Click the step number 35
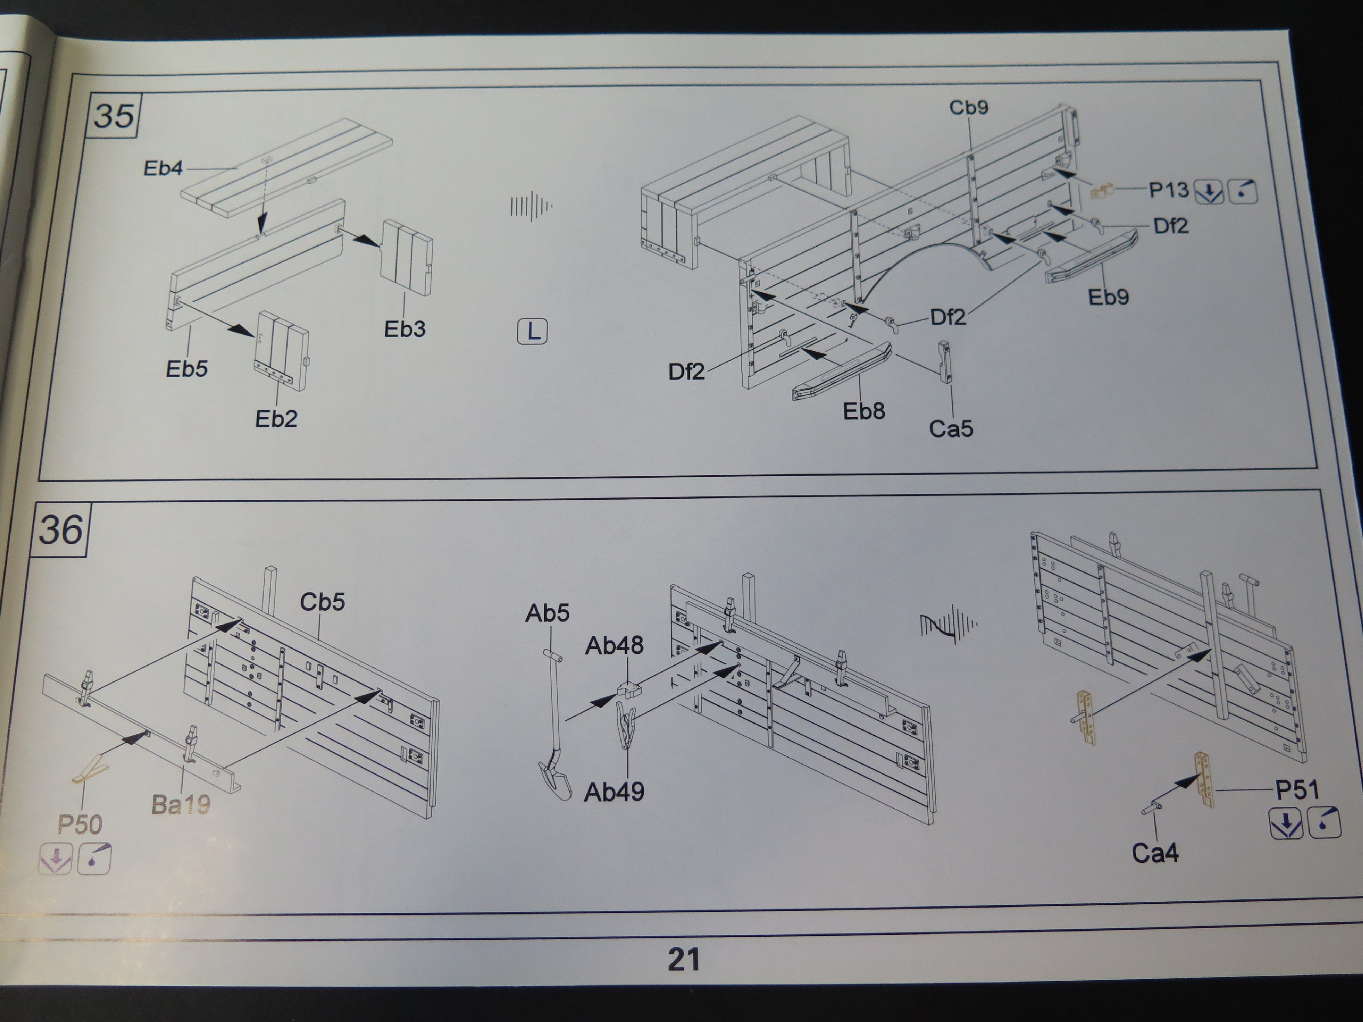pyautogui.click(x=114, y=116)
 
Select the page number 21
pyautogui.click(x=684, y=959)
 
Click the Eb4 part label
pyautogui.click(x=163, y=168)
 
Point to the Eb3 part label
pyautogui.click(x=404, y=329)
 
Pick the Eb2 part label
pyautogui.click(x=276, y=419)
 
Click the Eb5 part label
pyautogui.click(x=187, y=369)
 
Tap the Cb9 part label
pyautogui.click(x=968, y=108)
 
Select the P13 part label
pyautogui.click(x=1168, y=190)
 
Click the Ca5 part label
pyautogui.click(x=951, y=429)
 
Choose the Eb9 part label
pyautogui.click(x=1108, y=297)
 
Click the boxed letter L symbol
pyautogui.click(x=532, y=331)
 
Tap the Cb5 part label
pyautogui.click(x=322, y=602)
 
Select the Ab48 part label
pyautogui.click(x=614, y=646)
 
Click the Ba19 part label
pyautogui.click(x=181, y=804)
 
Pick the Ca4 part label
pyautogui.click(x=1155, y=853)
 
